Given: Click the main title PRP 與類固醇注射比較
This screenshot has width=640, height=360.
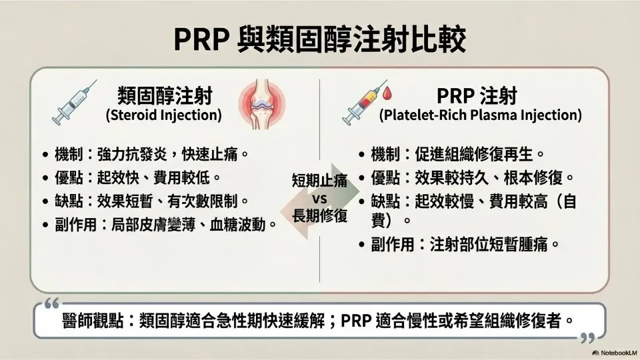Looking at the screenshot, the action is pos(319,39).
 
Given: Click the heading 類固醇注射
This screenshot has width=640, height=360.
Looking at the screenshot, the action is pos(165,96).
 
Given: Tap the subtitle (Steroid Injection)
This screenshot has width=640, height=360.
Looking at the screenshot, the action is pos(164,115).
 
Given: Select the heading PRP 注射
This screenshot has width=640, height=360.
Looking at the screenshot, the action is pos(477,96).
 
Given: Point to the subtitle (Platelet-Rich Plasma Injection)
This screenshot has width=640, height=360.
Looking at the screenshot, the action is pos(481,115).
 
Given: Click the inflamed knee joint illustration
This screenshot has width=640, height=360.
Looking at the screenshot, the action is pos(262,104).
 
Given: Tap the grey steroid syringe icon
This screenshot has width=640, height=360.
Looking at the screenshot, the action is pos(74,103).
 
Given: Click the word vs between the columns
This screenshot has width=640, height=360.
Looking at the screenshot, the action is pos(319,199).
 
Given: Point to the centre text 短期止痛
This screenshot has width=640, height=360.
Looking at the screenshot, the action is pos(319,180).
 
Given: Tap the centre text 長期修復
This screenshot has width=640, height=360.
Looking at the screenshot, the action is pos(319,216).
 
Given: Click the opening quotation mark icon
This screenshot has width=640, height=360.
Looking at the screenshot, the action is pos(52,304).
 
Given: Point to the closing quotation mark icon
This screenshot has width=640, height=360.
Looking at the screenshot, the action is pos(587,338).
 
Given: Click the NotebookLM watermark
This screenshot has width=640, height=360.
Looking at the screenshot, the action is pos(615,353).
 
